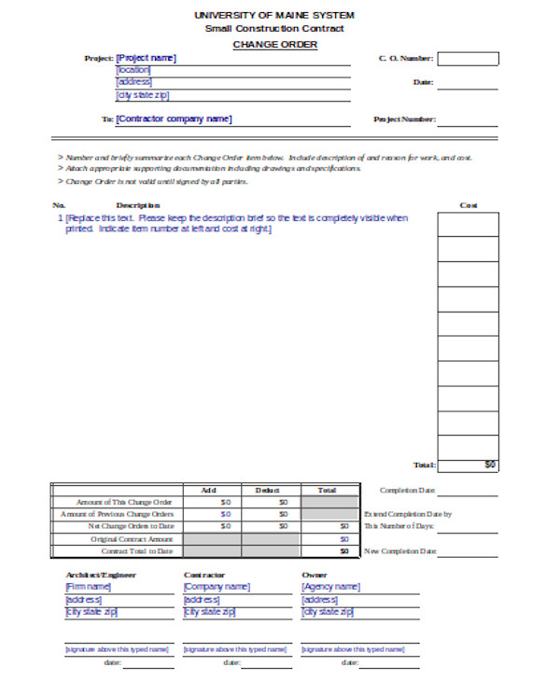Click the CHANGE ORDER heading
coord(274,45)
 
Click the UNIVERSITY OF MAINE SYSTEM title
coord(274,15)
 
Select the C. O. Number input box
coord(468,58)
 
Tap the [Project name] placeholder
coord(146,58)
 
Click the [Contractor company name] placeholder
coord(174,118)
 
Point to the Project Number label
coord(404,119)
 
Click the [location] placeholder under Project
coord(133,70)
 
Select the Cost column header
coord(469,205)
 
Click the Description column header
coord(138,205)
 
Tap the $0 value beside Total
coord(490,464)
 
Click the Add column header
coord(208,490)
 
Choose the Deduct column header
coord(268,490)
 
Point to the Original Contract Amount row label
coord(132,539)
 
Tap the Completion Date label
coord(408,490)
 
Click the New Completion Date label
coord(400,551)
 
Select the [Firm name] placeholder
coord(88,587)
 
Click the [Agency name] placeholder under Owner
coord(330,587)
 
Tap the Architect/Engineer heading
coord(101,575)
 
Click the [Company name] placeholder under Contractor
coord(217,587)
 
